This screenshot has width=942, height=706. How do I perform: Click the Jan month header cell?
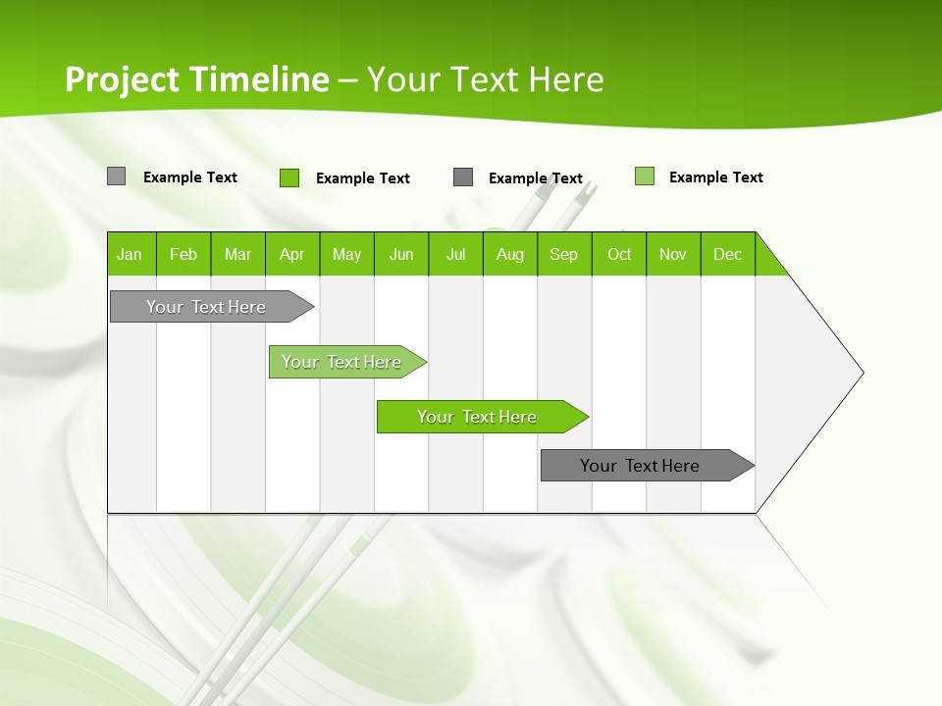(x=131, y=254)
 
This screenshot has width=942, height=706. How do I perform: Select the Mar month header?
(x=237, y=254)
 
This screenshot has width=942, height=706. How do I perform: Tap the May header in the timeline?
(x=346, y=254)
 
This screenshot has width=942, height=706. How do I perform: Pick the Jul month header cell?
(x=455, y=254)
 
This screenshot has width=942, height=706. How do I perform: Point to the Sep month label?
(x=563, y=254)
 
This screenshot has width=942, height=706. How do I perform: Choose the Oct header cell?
(x=618, y=254)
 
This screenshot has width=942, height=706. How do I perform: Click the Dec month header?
(x=727, y=254)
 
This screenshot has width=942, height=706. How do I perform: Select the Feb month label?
(x=183, y=254)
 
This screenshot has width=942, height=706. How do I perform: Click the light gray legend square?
(x=116, y=176)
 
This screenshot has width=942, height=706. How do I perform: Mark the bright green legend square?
(x=288, y=177)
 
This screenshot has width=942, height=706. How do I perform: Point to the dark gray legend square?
(x=463, y=177)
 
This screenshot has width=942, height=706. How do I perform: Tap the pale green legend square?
(x=644, y=176)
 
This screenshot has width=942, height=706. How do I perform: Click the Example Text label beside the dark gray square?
(x=535, y=178)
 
